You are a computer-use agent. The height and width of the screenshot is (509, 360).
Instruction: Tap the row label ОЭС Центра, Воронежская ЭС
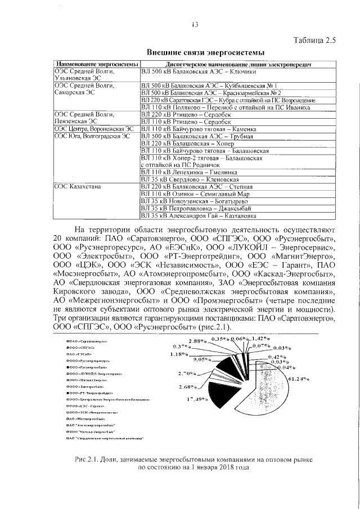tap(94, 129)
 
